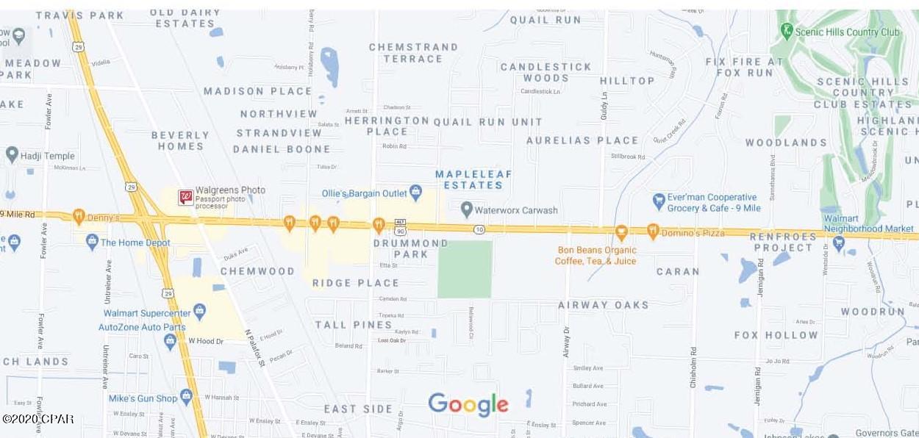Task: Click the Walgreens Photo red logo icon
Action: (186, 197)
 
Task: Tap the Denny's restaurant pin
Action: (79, 216)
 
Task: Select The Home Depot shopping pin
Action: (92, 241)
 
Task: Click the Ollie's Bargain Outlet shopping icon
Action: (415, 193)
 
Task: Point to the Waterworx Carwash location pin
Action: (466, 209)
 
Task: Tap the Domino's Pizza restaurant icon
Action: (652, 231)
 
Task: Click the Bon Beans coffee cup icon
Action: (621, 233)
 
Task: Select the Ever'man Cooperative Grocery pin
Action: (659, 201)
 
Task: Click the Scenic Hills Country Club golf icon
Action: (787, 31)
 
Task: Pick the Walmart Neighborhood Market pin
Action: (838, 242)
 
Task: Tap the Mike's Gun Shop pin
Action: (186, 397)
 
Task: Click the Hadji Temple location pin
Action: (12, 154)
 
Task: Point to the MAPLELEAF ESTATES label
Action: (473, 180)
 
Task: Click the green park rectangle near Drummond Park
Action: (465, 269)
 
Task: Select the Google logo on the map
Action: (468, 404)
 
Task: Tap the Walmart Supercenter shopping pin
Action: (199, 312)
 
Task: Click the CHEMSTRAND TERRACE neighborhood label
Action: (412, 52)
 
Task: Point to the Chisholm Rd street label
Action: (693, 367)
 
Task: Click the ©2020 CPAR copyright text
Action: (37, 419)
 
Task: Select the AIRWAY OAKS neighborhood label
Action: (603, 304)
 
